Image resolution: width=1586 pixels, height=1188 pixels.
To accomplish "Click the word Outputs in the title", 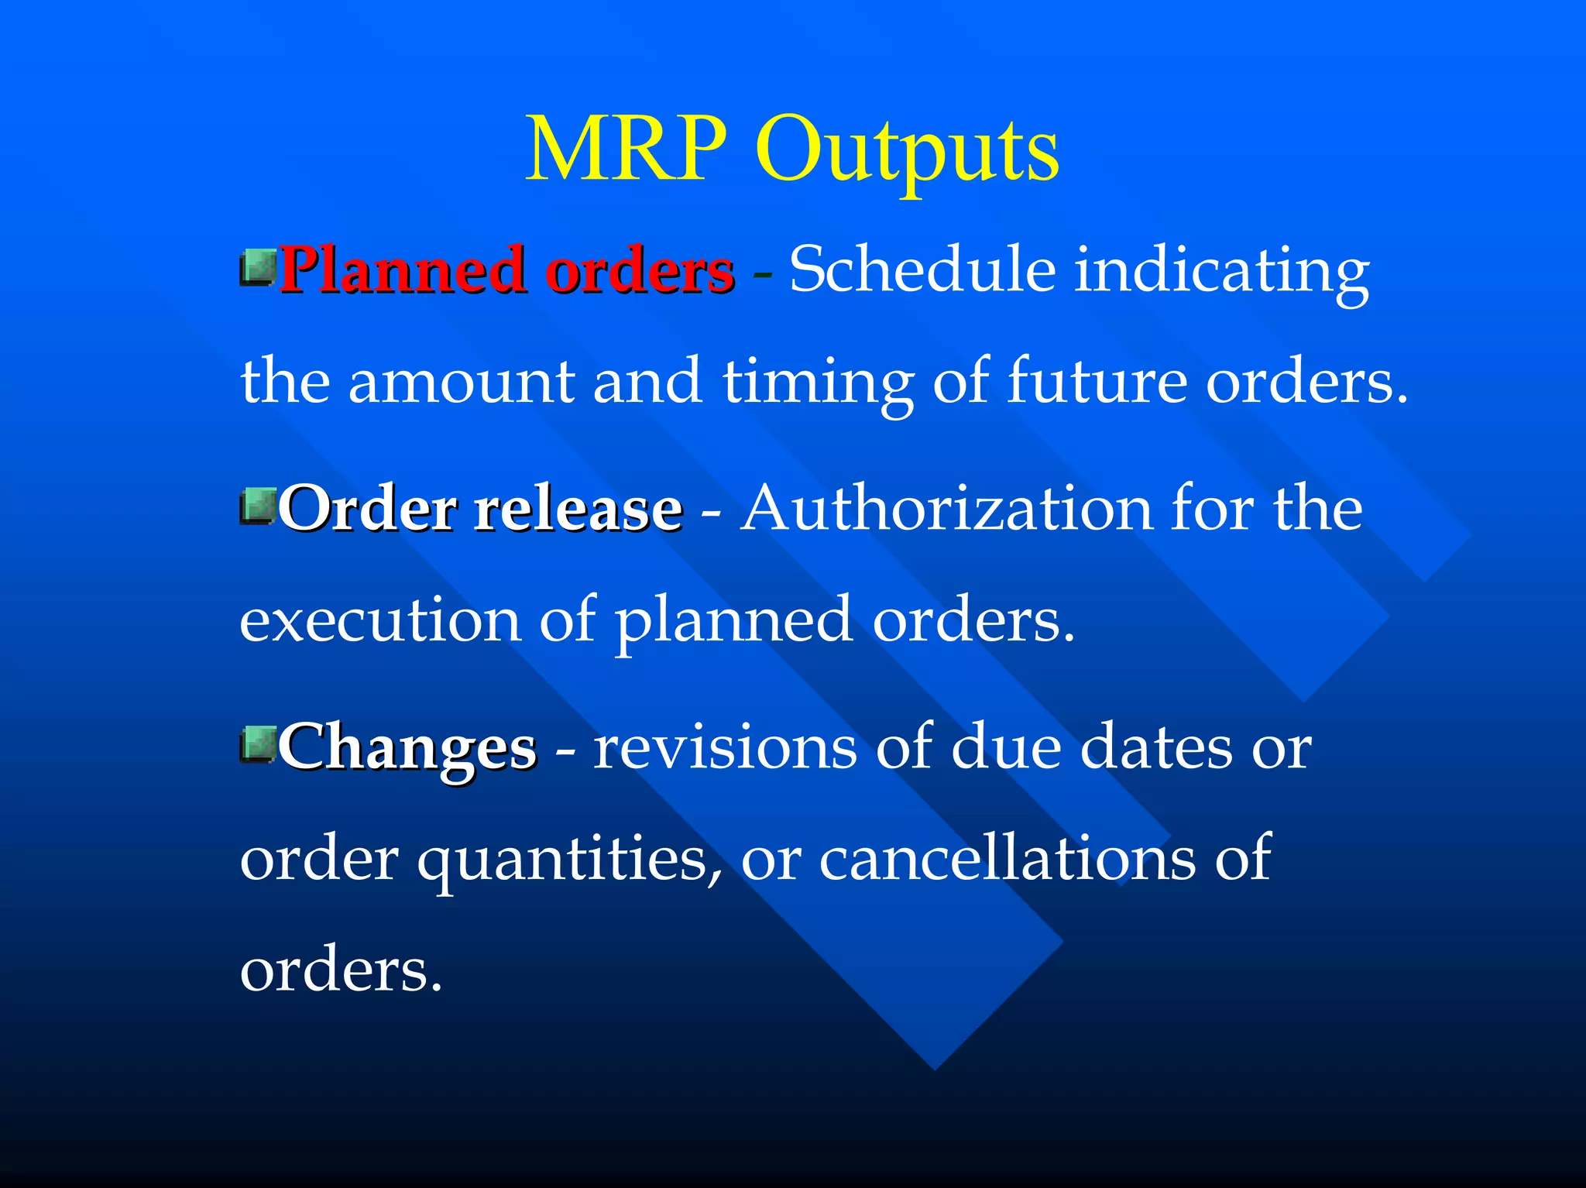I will coord(907,151).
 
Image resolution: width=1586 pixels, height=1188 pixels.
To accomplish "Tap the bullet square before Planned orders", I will coord(258,267).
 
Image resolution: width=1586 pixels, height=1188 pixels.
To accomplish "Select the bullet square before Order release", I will coord(258,506).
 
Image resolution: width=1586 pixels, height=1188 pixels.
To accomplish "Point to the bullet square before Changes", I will coord(258,744).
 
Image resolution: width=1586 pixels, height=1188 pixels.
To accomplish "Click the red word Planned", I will coord(401,271).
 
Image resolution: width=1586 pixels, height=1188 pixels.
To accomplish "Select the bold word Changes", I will coord(407,748).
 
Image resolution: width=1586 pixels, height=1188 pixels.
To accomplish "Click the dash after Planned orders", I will coord(762,275).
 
